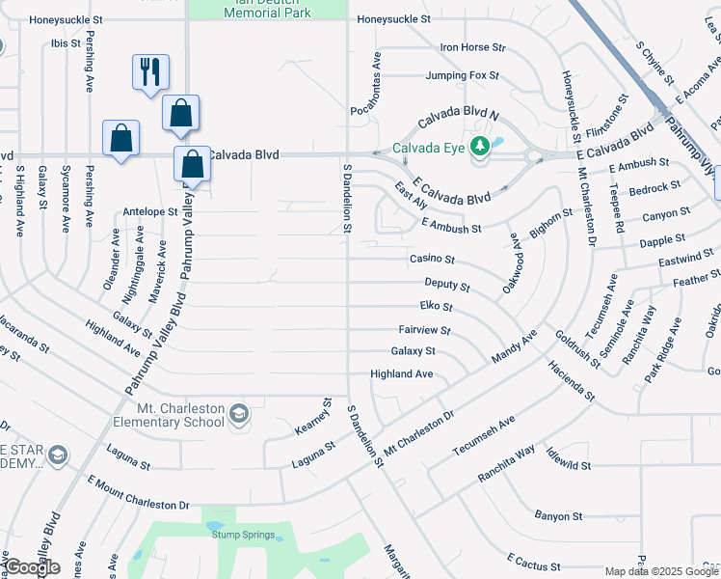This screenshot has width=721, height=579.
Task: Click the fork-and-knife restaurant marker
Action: pyautogui.click(x=150, y=72)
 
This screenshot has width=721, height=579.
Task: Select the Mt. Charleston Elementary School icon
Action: pyautogui.click(x=238, y=415)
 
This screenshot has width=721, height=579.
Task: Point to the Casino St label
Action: pyautogui.click(x=431, y=260)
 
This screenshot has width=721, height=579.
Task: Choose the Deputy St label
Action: pyautogui.click(x=447, y=286)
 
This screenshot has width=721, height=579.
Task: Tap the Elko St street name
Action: pyautogui.click(x=436, y=307)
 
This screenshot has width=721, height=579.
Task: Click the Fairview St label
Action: pyautogui.click(x=424, y=330)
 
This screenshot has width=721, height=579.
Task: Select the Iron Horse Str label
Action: pyautogui.click(x=472, y=46)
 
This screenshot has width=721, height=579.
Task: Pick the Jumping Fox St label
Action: pyautogui.click(x=463, y=74)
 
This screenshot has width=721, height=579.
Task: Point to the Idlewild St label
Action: pyautogui.click(x=567, y=465)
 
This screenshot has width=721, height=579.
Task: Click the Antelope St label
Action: pyautogui.click(x=150, y=211)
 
